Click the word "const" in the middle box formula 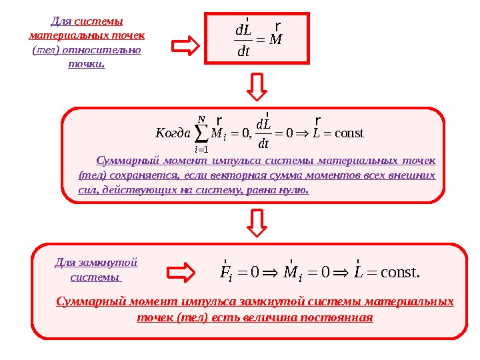click(348, 133)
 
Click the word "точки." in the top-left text click(86, 65)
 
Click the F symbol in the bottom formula click(225, 272)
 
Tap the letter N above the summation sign click(201, 119)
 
